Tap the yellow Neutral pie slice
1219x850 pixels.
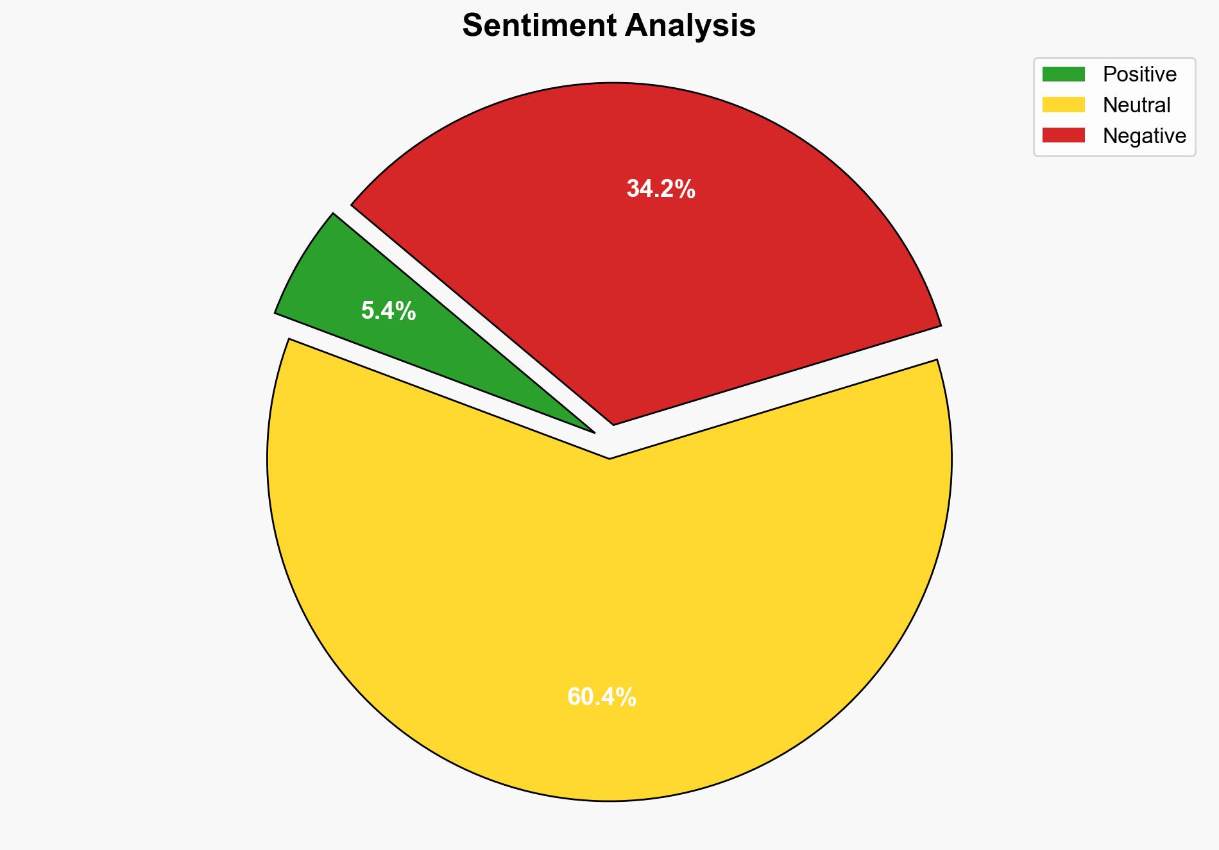click(609, 609)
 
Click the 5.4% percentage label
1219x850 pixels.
click(388, 311)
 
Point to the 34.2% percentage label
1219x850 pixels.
click(661, 189)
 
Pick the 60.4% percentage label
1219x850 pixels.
click(602, 697)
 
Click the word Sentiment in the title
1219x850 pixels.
click(539, 26)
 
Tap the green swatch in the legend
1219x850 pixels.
click(1063, 74)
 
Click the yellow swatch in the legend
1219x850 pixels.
click(1063, 105)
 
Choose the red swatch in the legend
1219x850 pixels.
click(1063, 135)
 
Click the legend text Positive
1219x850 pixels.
click(1139, 74)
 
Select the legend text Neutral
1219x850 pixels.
click(1136, 105)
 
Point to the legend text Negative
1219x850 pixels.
click(1144, 135)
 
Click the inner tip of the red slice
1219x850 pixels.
click(613, 423)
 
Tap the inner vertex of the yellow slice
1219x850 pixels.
click(609, 457)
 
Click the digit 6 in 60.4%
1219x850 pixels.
click(574, 697)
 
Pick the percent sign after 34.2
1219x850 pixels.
click(686, 189)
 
